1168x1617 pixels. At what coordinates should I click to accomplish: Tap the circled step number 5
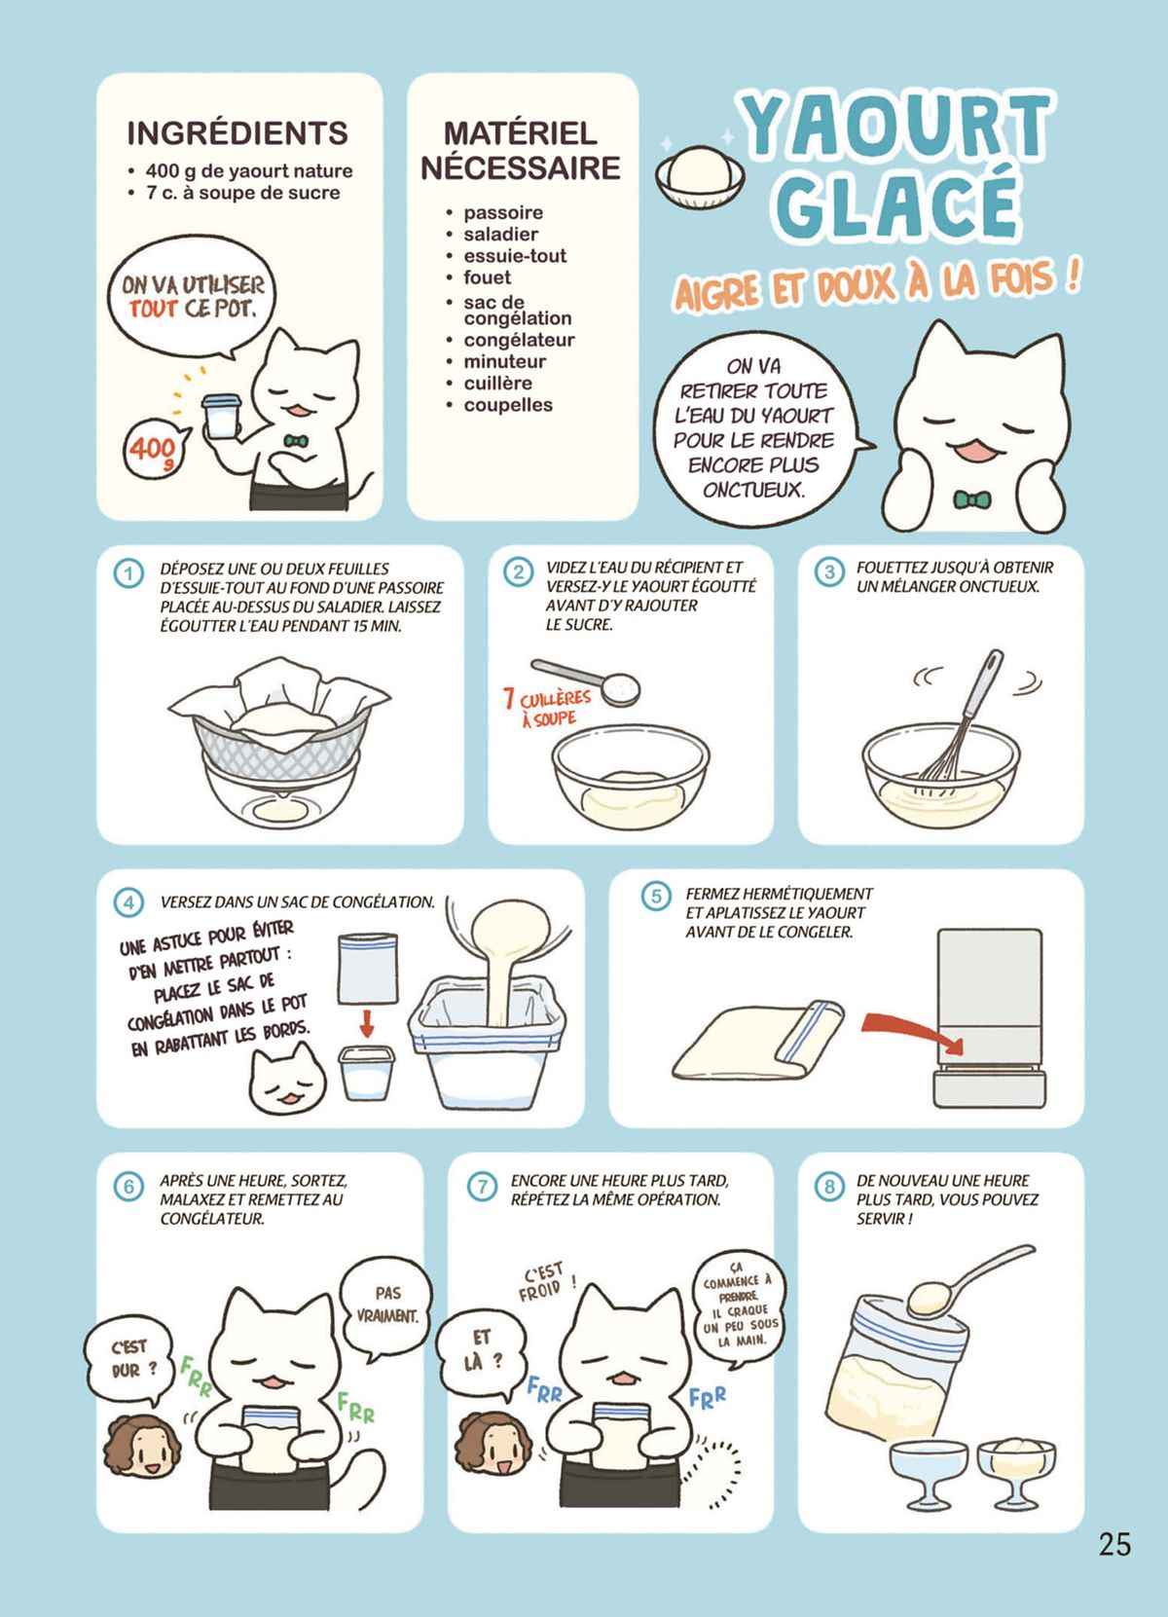click(x=656, y=897)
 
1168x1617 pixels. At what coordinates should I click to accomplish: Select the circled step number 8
click(x=828, y=1187)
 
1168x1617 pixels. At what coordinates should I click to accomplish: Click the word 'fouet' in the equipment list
click(x=488, y=277)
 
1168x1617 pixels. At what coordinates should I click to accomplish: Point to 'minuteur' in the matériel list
click(x=504, y=361)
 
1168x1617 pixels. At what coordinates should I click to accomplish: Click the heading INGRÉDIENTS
click(x=237, y=132)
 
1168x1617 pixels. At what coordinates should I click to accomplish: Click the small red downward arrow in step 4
click(x=368, y=1023)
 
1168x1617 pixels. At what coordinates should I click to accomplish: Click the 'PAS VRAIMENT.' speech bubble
click(x=386, y=1305)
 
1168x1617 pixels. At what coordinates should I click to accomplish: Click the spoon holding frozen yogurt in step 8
click(x=967, y=1278)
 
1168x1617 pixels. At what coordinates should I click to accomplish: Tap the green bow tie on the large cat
click(x=971, y=498)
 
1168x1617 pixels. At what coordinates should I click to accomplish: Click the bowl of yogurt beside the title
click(x=700, y=174)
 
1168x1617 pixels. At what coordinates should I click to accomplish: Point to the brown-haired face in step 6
click(x=142, y=1445)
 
